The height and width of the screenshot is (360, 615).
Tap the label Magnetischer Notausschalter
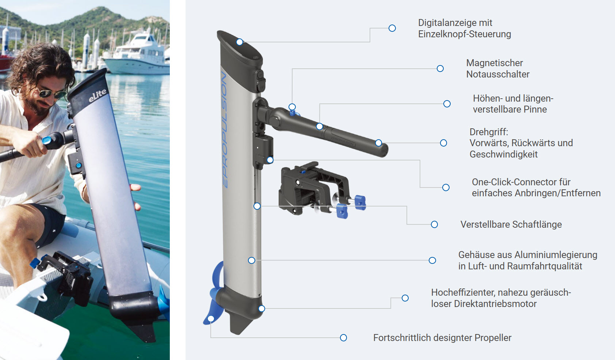coord(497,68)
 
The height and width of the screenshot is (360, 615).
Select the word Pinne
coord(535,109)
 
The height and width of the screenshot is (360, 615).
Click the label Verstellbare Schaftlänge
coord(511,224)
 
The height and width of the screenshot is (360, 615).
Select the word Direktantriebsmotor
coord(495,304)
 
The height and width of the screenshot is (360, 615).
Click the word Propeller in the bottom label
coord(493,338)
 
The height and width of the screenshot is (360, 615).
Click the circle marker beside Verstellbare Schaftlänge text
coord(434,224)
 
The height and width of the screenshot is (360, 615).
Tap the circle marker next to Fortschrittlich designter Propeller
coord(343,338)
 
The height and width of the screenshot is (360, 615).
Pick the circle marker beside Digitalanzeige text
coord(392,28)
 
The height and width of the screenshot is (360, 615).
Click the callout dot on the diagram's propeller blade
coord(211,319)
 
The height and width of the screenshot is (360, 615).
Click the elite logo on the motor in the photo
coord(98,95)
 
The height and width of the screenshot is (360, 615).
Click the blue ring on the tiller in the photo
coord(47,140)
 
